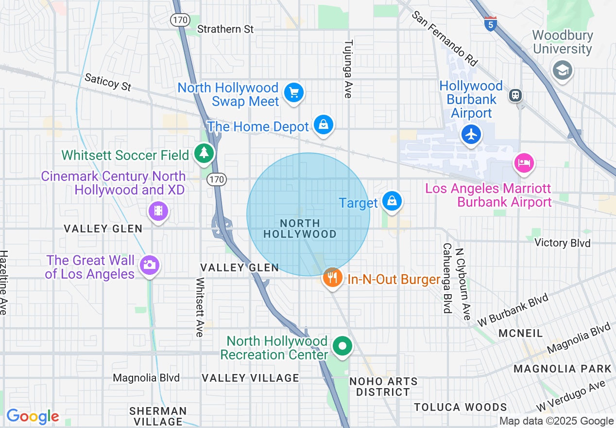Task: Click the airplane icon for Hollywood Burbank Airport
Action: coord(471,134)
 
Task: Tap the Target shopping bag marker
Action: coord(391,201)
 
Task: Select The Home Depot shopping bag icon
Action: coord(323,125)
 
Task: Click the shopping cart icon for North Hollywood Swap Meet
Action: coord(293,92)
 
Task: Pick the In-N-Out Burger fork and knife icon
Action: coord(332,278)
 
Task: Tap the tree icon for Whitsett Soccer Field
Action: coord(204,153)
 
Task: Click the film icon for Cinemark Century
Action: coord(158,211)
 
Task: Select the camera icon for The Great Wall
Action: coord(149,265)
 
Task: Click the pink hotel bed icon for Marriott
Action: coord(524,162)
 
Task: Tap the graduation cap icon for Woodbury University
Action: coord(562,70)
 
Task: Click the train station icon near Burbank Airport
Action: coord(515,95)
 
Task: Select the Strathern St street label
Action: coord(225,29)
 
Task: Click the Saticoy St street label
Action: coord(108,82)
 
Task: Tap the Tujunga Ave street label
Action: coord(347,69)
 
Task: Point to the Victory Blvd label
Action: coord(562,243)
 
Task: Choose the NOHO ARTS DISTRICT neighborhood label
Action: coord(383,387)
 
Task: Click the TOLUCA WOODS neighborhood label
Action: coord(460,407)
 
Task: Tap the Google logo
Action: coord(33,416)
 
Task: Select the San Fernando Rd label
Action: coord(445,38)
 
